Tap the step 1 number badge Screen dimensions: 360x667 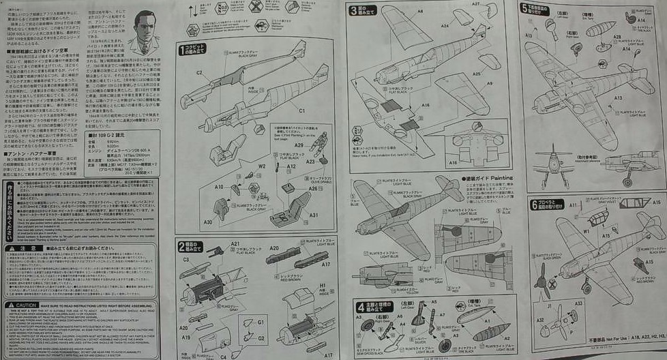183,50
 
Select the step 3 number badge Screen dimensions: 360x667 353,10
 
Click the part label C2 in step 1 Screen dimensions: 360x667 200,73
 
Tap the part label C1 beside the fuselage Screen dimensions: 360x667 301,110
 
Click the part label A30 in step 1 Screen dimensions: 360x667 207,222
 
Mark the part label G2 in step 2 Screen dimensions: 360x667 261,339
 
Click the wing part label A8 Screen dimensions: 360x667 420,12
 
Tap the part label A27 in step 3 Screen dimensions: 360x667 475,5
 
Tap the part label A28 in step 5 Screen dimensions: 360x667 617,37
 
